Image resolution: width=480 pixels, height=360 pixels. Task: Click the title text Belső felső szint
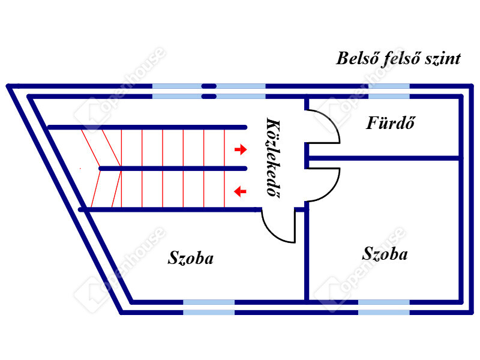click(x=398, y=59)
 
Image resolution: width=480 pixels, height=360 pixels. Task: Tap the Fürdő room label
click(x=391, y=124)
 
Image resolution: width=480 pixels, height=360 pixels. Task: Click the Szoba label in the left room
click(x=191, y=258)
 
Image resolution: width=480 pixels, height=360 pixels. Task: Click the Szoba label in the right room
click(x=385, y=253)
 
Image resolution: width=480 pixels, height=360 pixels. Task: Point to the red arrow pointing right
click(x=240, y=148)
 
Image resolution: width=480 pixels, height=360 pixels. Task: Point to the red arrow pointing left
click(x=240, y=191)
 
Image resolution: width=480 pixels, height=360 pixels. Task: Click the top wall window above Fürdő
click(x=389, y=91)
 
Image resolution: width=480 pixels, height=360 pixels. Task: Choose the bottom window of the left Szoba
click(x=209, y=307)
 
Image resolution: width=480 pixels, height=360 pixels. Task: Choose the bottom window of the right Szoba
click(x=384, y=307)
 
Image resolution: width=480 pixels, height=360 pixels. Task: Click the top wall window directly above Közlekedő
click(x=241, y=91)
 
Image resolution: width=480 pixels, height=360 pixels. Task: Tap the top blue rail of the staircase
click(x=147, y=127)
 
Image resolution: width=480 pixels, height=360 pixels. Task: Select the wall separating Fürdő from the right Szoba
click(x=384, y=158)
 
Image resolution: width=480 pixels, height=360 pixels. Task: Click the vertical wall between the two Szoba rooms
click(x=307, y=252)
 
